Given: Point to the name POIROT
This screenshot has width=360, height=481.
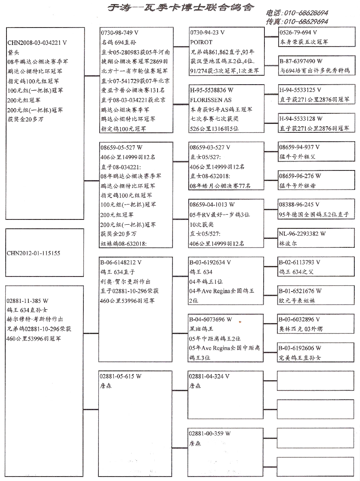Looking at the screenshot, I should (201, 42).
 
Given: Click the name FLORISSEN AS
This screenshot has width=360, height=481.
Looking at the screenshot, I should (211, 100).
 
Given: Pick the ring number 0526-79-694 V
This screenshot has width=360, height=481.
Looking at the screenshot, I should (298, 32).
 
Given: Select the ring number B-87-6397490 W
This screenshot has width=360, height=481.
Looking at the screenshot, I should (301, 61).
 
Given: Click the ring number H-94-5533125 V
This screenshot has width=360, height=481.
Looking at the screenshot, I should (300, 90).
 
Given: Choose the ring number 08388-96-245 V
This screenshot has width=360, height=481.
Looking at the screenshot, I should (299, 205).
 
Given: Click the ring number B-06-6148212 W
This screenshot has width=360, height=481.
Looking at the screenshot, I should (121, 262).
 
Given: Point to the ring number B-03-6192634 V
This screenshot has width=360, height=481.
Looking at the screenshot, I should (210, 262).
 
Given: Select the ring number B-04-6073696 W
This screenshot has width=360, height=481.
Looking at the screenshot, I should (211, 319).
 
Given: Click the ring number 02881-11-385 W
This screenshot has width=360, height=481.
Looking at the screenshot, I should (28, 301).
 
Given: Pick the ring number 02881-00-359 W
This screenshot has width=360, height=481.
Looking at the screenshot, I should (209, 434).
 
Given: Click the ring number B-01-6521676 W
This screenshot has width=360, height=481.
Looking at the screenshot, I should (300, 291).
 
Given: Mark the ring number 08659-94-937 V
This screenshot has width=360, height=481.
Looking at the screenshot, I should (299, 147).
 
